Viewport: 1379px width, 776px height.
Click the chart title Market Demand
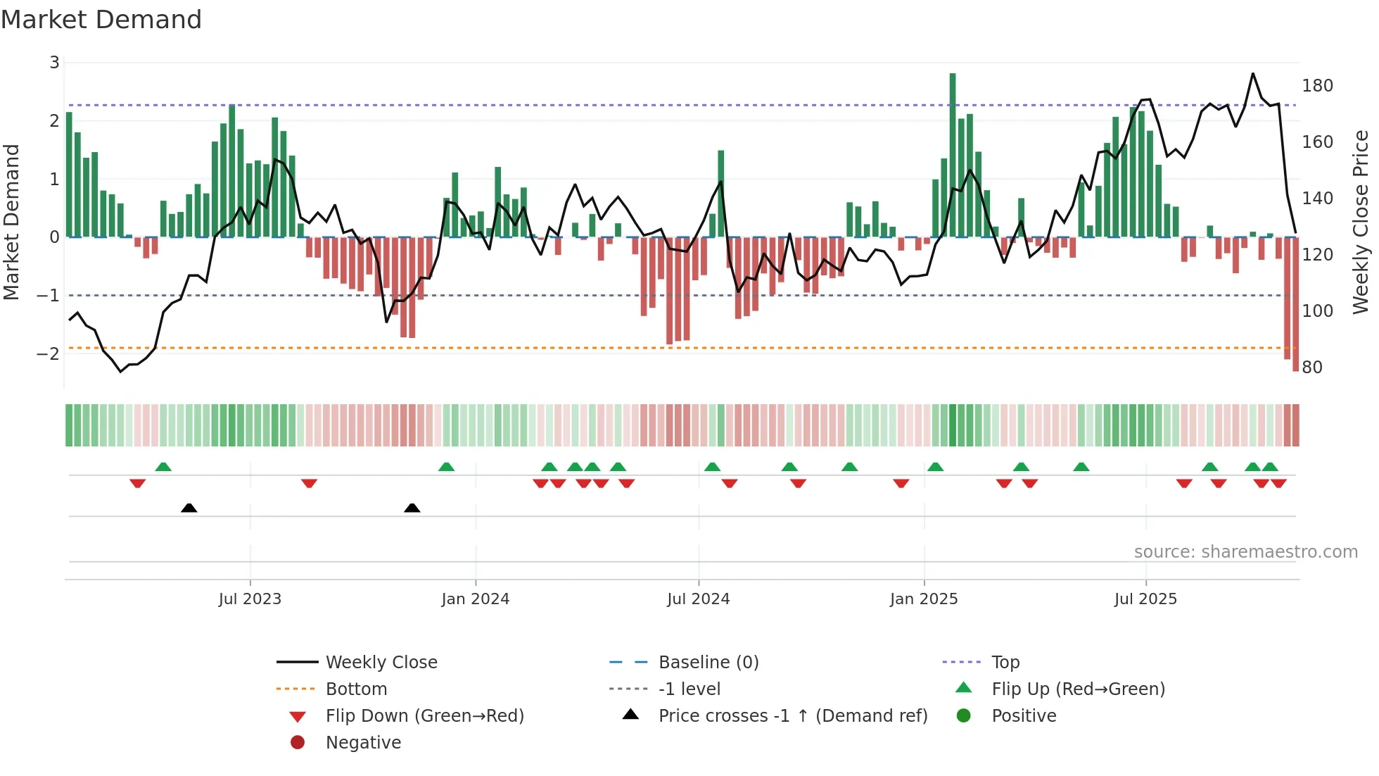[x=101, y=20]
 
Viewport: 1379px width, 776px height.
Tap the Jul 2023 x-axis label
[x=250, y=599]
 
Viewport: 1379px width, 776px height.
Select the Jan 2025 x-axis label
[x=923, y=599]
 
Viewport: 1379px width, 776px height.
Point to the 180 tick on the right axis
[x=1317, y=86]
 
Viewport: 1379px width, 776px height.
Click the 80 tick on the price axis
[x=1312, y=368]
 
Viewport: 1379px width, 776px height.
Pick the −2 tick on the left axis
[x=48, y=353]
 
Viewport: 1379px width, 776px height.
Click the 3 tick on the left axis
[x=54, y=63]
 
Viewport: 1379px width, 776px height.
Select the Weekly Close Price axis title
[x=1361, y=222]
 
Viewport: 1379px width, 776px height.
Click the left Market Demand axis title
[x=11, y=222]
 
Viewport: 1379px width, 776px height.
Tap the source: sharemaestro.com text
[x=1245, y=552]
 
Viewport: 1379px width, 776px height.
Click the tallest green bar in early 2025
[x=953, y=155]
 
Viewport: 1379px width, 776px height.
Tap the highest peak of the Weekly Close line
[x=1253, y=73]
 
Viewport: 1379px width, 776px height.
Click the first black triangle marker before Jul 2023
[x=189, y=508]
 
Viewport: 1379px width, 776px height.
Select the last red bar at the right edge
[x=1296, y=303]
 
